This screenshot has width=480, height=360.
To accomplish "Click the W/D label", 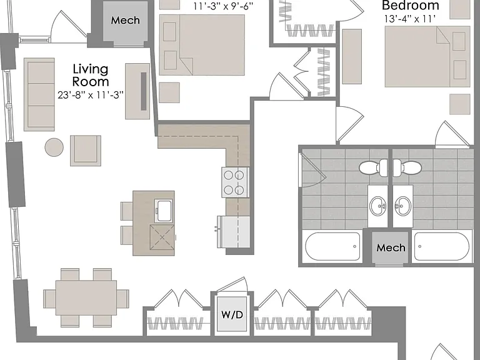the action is [x=232, y=315].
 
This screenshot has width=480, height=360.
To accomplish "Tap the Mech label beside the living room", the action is [x=125, y=20].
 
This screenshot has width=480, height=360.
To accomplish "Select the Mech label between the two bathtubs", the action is [x=391, y=247].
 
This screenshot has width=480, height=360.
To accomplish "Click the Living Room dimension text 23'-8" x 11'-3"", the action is [x=91, y=95].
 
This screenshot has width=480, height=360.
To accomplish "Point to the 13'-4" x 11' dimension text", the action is [x=410, y=19].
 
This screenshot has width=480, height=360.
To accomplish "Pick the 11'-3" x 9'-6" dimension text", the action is [x=224, y=6].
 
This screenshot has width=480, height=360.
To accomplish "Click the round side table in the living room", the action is [x=54, y=147].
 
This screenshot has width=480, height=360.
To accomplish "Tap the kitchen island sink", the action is [x=164, y=211].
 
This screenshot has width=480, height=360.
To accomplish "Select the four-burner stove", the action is [x=235, y=182].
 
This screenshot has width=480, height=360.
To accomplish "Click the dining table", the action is [x=86, y=297].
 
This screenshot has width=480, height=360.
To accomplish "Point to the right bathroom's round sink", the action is [x=403, y=206].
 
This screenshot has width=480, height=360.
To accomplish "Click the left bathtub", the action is [x=332, y=246].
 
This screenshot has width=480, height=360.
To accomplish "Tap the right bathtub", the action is [x=441, y=246].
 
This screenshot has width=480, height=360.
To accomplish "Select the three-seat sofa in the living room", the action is [x=39, y=94].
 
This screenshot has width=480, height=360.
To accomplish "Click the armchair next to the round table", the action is [x=86, y=151].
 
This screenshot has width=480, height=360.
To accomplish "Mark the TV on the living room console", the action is [x=144, y=91].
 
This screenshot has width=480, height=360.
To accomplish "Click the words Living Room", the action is [x=91, y=75].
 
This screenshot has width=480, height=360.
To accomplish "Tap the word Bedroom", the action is [x=411, y=6].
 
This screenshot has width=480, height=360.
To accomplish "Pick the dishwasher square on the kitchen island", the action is [x=162, y=237].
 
